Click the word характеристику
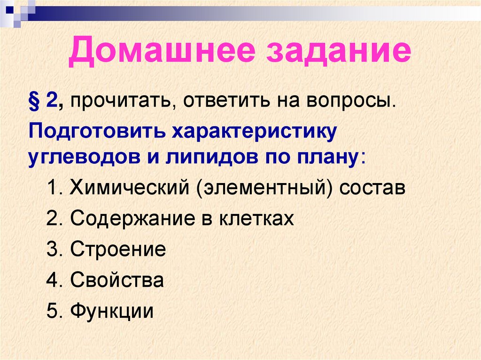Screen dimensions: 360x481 255,132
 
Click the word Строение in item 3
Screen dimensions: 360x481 118,249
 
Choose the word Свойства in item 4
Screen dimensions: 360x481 117,280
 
